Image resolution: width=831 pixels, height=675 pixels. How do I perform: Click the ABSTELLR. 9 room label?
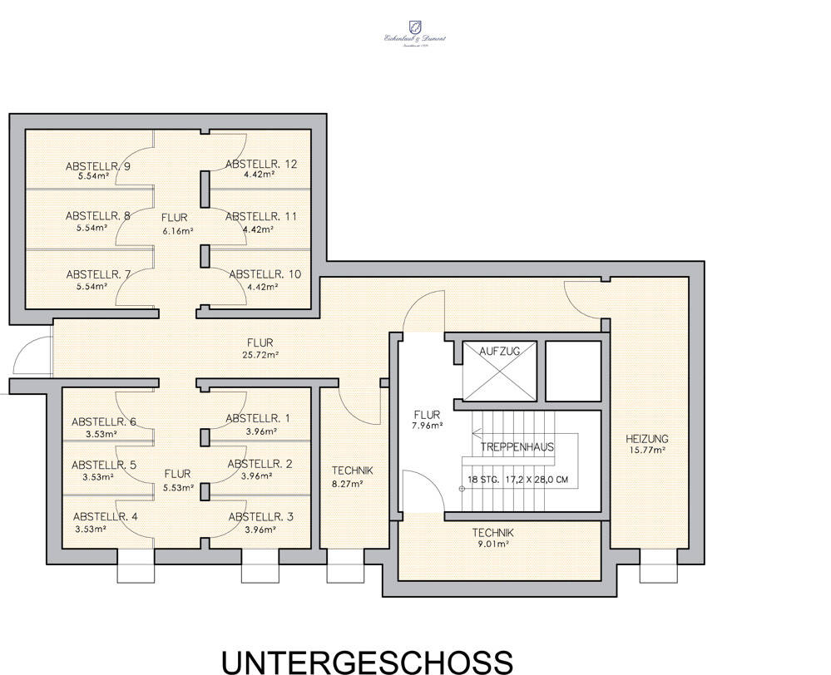97,166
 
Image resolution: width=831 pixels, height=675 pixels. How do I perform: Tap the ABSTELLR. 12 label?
260,164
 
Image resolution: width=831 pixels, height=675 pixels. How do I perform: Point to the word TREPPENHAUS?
517,446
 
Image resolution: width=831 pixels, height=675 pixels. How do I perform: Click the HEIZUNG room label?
646,439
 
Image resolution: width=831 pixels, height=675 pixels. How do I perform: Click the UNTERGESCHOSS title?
366,661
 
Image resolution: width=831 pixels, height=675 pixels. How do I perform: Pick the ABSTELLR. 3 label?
260,516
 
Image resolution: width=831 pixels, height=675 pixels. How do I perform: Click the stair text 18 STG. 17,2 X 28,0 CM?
517,480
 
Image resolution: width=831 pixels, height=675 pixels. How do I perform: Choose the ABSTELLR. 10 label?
264,273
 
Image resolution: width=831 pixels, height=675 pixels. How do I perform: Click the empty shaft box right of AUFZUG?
571,370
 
